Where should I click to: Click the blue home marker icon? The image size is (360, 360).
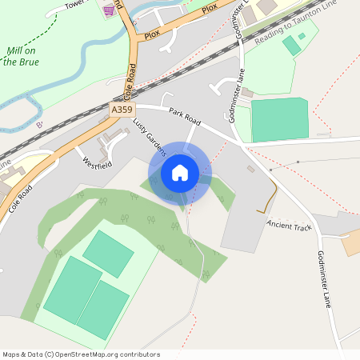click(x=180, y=172)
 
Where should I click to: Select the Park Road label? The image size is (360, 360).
click(x=184, y=115)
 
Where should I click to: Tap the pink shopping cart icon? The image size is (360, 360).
click(x=109, y=10)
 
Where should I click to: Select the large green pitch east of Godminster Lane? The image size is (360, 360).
click(x=279, y=120)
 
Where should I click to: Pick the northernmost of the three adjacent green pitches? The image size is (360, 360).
click(x=108, y=254)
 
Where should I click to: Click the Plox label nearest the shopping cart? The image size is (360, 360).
click(x=152, y=36)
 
